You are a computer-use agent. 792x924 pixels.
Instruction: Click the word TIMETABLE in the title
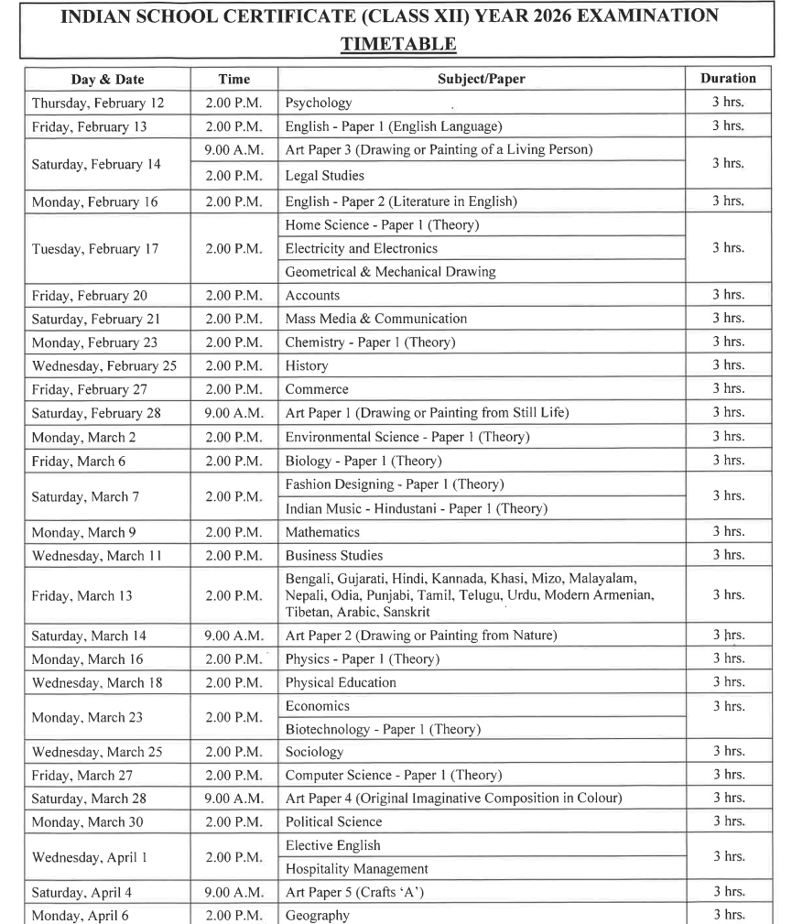pos(398,44)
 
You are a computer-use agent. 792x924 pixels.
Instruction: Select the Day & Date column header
pos(106,80)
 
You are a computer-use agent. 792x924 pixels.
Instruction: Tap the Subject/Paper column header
pos(482,80)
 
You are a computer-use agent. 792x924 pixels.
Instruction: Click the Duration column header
pos(728,79)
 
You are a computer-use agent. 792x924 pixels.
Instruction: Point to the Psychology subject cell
pos(319,103)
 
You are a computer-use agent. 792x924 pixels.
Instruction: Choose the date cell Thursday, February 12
pos(98,103)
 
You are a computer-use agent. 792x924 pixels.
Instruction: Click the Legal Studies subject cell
pos(325,175)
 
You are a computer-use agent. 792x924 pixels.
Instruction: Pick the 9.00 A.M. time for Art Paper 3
pos(233,149)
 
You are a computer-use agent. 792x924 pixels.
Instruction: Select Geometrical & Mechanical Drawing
pos(390,272)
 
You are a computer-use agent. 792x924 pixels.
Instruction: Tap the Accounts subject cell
pos(312,296)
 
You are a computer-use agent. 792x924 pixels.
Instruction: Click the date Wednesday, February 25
pos(104,366)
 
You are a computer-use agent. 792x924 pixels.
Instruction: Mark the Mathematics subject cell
pos(322,532)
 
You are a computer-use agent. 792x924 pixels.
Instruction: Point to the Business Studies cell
pos(334,556)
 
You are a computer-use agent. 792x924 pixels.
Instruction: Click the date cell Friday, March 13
pos(82,596)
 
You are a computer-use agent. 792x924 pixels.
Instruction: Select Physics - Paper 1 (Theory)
pos(363,659)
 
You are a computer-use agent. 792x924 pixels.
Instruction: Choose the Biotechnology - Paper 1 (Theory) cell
pos(383,730)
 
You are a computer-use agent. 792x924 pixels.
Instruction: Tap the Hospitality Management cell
pos(357,869)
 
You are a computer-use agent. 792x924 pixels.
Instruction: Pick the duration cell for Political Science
pos(728,821)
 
